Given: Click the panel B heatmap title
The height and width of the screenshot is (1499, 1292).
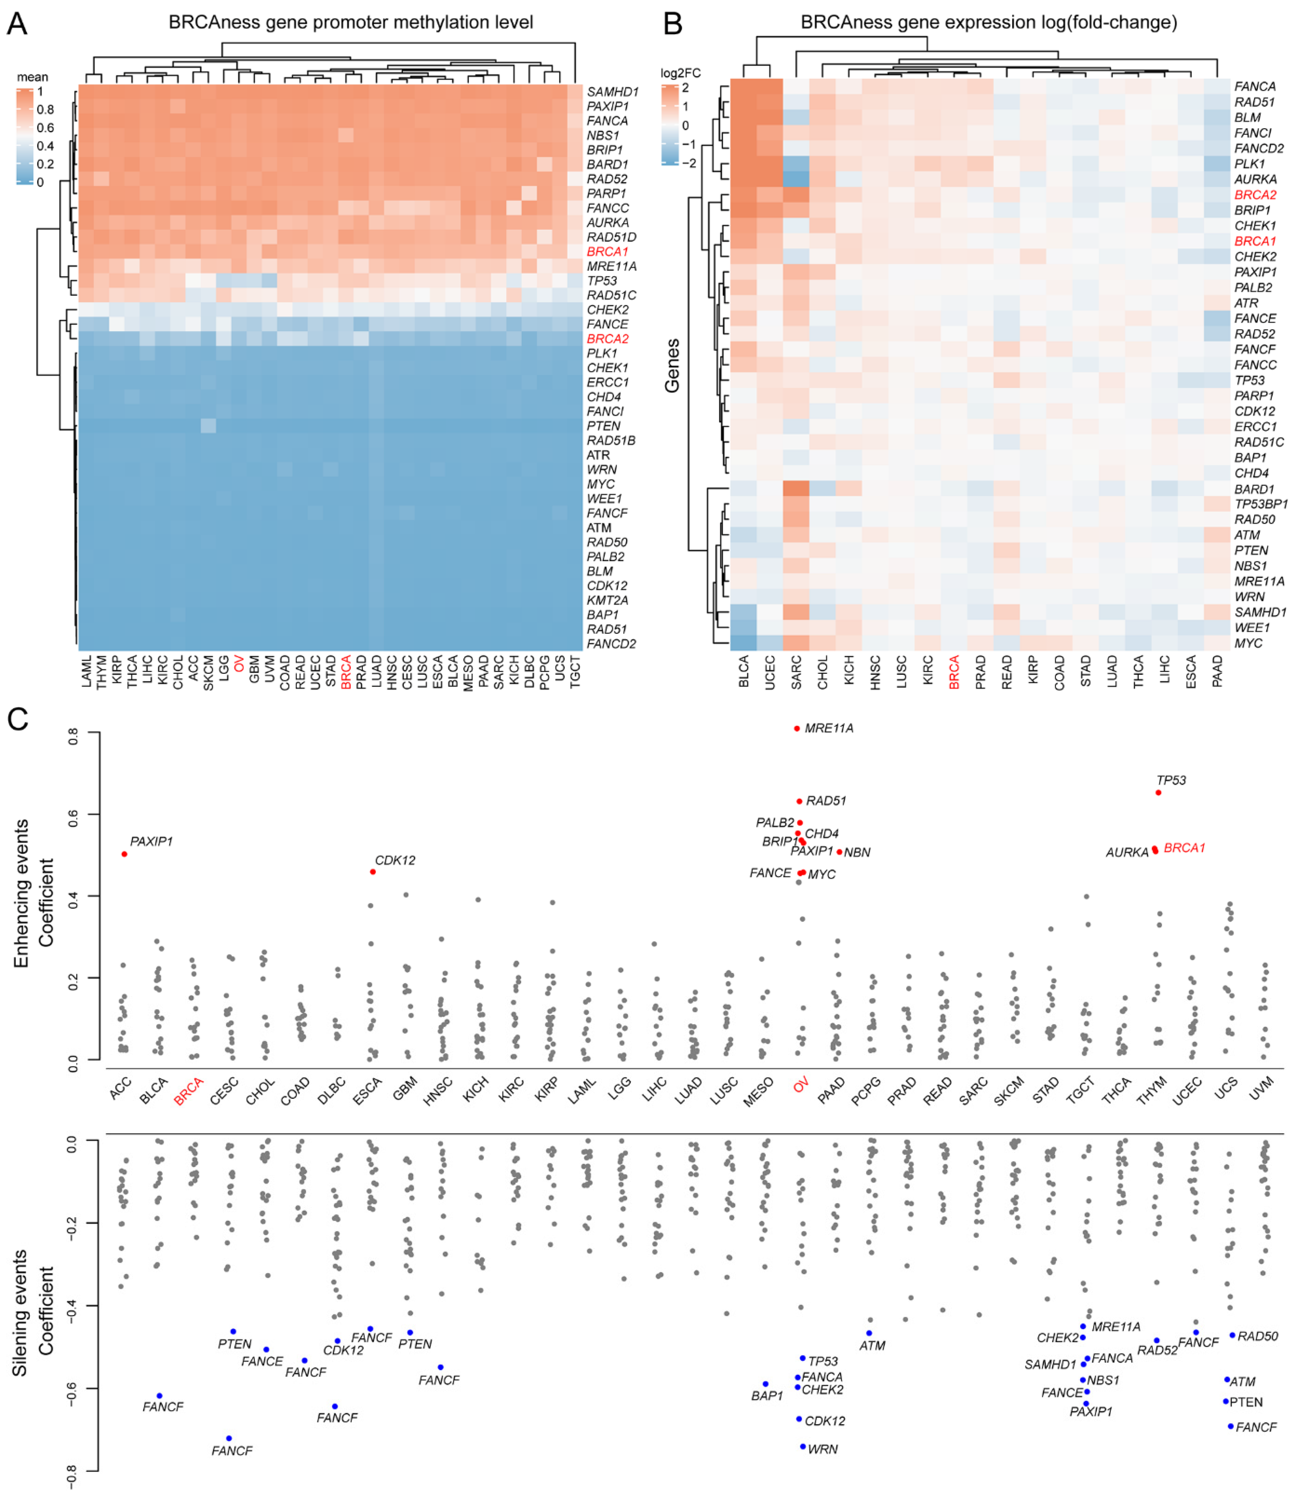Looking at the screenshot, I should (988, 23).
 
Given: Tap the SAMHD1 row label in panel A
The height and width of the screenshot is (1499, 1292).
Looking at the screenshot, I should (612, 92).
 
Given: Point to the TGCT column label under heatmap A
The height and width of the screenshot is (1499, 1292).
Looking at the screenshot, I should (575, 671).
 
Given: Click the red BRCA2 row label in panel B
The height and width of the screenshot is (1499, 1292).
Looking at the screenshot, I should (1255, 194).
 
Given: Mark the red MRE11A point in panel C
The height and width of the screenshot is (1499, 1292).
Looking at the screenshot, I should (797, 729).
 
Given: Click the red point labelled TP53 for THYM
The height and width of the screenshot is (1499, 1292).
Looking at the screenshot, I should (1158, 793).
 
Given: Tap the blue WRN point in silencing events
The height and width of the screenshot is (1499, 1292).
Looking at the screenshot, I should (802, 1446).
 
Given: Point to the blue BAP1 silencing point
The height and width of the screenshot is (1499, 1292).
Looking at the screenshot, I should (765, 1384).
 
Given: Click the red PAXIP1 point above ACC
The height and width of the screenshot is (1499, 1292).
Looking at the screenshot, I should (125, 854).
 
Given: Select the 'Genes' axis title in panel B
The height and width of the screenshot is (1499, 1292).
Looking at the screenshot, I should (672, 365).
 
